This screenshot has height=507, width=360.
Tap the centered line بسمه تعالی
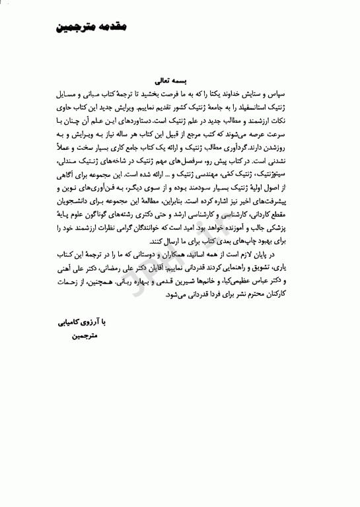pyautogui.click(x=171, y=82)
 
